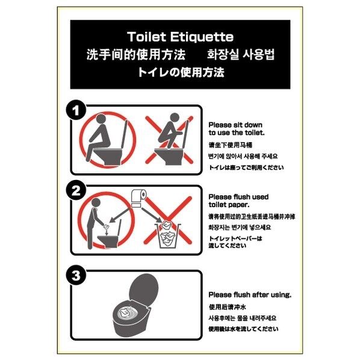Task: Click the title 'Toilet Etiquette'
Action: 180,37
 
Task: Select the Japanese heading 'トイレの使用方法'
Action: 180,73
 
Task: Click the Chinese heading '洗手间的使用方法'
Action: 126,55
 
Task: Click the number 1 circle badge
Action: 76,111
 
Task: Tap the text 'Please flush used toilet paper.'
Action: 238,200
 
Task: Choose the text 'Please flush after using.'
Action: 249,294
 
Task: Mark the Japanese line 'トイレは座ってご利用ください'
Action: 245,167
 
